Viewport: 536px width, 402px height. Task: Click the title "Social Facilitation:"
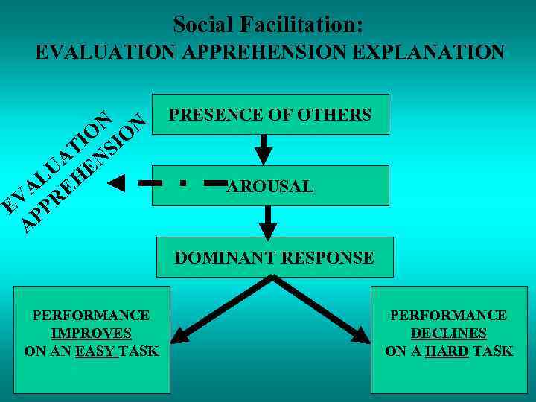click(x=268, y=25)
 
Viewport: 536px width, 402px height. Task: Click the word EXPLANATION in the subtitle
click(x=430, y=53)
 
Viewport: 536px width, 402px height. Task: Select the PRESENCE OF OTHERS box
click(x=269, y=115)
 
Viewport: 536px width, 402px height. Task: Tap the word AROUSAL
click(x=270, y=187)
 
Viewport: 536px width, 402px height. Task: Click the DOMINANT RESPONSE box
click(x=274, y=258)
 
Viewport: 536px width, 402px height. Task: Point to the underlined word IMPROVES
click(x=92, y=334)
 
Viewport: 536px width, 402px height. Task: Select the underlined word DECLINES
click(x=448, y=334)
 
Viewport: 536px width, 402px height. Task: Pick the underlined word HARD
click(x=447, y=351)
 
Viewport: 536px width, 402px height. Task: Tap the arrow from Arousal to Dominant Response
click(x=268, y=221)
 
